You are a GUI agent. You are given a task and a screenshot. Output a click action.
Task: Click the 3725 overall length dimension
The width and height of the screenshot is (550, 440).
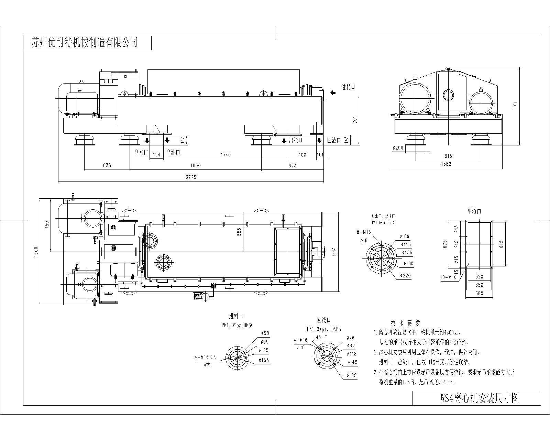[191, 177]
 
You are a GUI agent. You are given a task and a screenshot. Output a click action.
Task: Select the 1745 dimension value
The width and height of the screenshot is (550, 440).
[225, 155]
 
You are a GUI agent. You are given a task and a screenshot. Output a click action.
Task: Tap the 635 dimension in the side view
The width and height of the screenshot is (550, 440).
[107, 165]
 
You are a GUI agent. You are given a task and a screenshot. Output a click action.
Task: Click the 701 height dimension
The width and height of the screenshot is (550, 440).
[355, 119]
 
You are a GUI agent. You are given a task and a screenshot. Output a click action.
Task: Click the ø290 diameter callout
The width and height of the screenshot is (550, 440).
[398, 147]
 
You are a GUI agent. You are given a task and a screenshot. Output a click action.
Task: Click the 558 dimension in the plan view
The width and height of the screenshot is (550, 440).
[240, 232]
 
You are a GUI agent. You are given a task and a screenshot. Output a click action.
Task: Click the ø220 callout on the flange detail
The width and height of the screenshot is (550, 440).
[406, 276]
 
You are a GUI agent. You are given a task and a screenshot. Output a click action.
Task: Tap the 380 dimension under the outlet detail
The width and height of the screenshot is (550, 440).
[479, 294]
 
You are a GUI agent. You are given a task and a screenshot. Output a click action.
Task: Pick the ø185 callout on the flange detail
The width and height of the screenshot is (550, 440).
[352, 375]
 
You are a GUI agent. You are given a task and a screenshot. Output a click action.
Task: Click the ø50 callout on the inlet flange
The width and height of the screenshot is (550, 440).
[265, 333]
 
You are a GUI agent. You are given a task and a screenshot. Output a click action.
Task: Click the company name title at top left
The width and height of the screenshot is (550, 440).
[84, 42]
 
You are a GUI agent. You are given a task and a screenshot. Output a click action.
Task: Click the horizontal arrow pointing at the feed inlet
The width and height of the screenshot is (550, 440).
[333, 92]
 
